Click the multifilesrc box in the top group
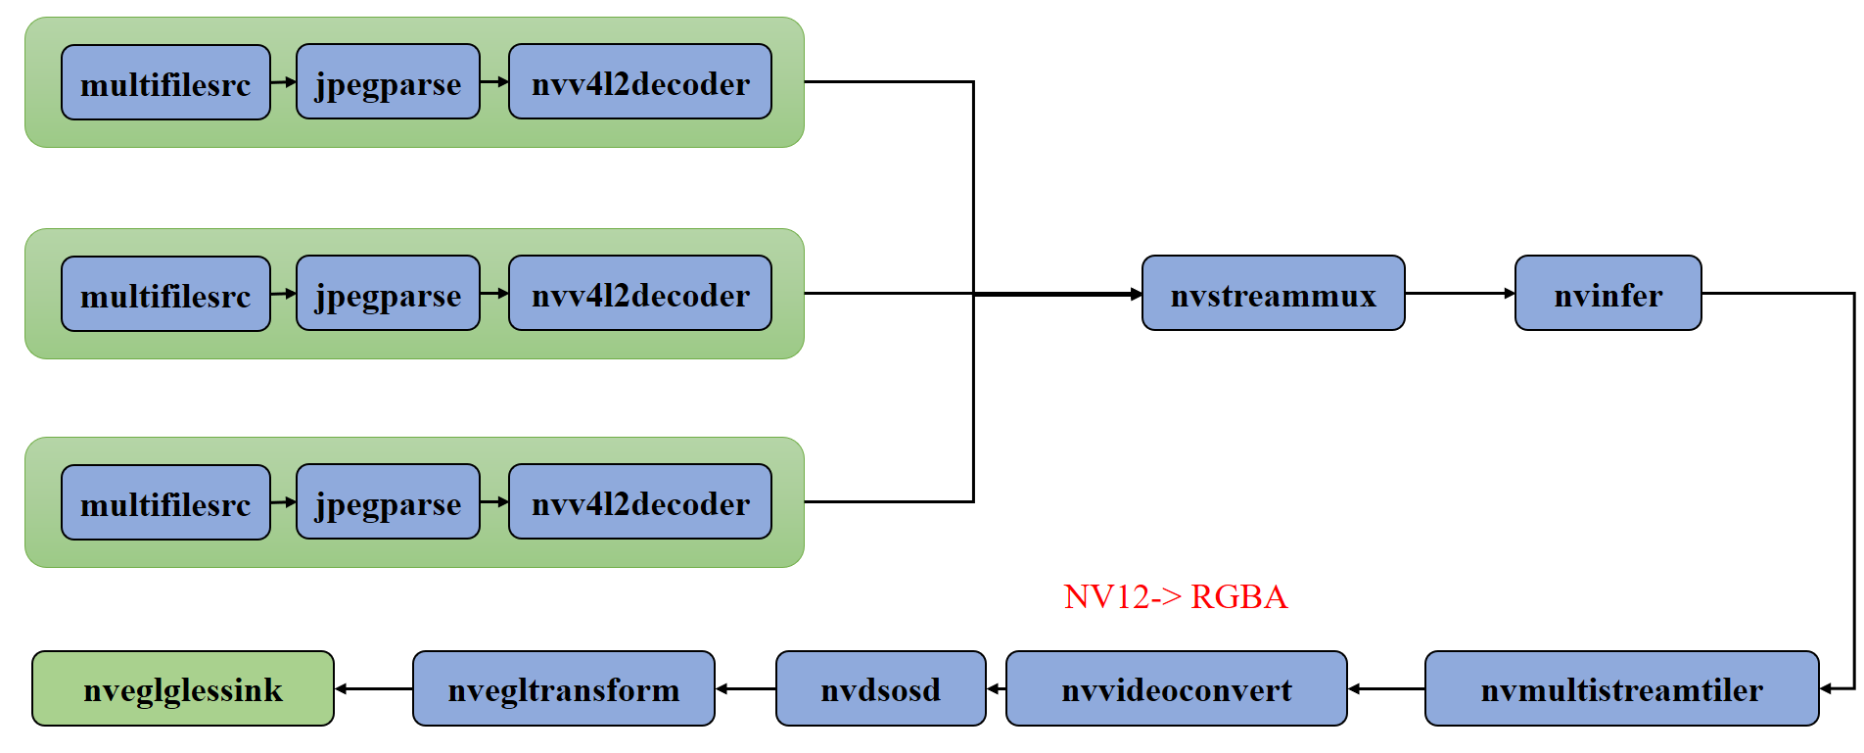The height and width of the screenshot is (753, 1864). click(165, 83)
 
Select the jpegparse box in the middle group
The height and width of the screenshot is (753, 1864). click(388, 294)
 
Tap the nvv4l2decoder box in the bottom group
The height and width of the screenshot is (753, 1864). click(640, 502)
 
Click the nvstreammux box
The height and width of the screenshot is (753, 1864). click(1273, 294)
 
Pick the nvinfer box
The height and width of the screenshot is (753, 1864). click(1608, 294)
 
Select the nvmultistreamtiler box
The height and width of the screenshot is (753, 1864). click(1621, 688)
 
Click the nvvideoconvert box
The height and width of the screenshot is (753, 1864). click(1176, 688)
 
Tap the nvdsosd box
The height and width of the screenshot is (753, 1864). click(880, 688)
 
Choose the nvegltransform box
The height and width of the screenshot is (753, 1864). click(563, 688)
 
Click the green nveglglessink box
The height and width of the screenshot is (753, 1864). click(183, 688)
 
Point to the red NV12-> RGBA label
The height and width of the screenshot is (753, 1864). click(1175, 596)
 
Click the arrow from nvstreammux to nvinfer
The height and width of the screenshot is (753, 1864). click(1460, 294)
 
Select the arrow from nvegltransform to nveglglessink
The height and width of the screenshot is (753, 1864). click(373, 688)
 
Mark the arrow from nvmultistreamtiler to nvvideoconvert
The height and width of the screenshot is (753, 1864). click(1386, 688)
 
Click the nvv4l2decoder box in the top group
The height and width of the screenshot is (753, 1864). click(640, 82)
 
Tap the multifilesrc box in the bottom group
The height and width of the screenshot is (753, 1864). click(165, 503)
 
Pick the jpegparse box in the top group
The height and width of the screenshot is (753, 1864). click(388, 82)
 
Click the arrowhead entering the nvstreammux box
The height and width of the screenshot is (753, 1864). click(1136, 294)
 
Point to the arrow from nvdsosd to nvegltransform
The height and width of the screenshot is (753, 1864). click(745, 688)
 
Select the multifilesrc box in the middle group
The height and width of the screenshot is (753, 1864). click(165, 295)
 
